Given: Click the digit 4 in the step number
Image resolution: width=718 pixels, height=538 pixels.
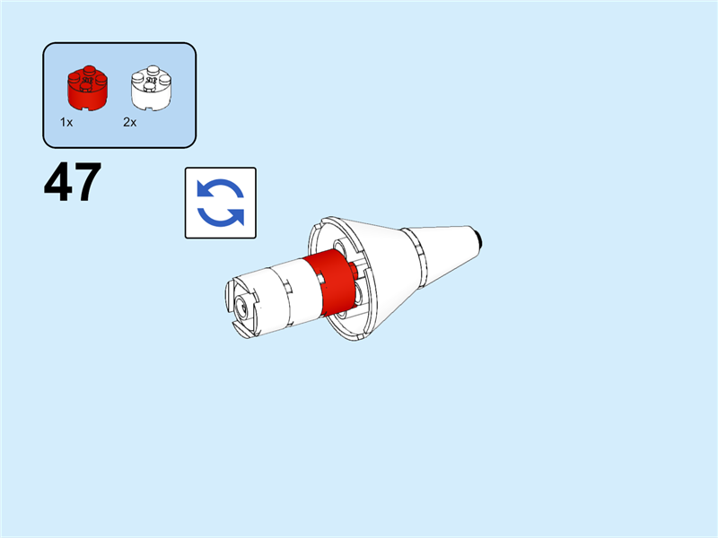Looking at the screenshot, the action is (57, 182).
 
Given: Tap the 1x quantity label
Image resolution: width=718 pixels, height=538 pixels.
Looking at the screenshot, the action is (66, 122).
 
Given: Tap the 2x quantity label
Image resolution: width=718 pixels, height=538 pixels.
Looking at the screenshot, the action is (129, 122).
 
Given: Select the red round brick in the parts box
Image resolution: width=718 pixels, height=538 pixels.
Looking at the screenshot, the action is (87, 88).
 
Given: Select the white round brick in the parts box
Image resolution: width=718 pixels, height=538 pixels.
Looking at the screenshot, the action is (151, 88).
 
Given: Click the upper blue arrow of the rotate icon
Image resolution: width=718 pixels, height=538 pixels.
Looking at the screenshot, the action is (220, 188).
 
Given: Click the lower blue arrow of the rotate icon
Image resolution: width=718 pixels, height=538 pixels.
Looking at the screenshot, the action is (221, 217).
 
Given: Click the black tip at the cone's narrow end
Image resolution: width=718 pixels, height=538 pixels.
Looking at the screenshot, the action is (480, 239).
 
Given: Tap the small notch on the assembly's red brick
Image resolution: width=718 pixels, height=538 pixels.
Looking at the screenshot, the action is (320, 278).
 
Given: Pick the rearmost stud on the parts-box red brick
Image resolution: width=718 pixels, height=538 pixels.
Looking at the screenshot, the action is (89, 70).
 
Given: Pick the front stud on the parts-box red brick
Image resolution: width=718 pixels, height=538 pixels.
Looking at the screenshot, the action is (85, 86).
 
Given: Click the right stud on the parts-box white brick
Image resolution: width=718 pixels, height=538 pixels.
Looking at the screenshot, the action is (164, 80).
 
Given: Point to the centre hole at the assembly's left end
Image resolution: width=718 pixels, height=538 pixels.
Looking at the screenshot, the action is (241, 306).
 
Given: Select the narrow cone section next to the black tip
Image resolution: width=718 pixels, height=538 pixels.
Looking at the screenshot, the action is (446, 254).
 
